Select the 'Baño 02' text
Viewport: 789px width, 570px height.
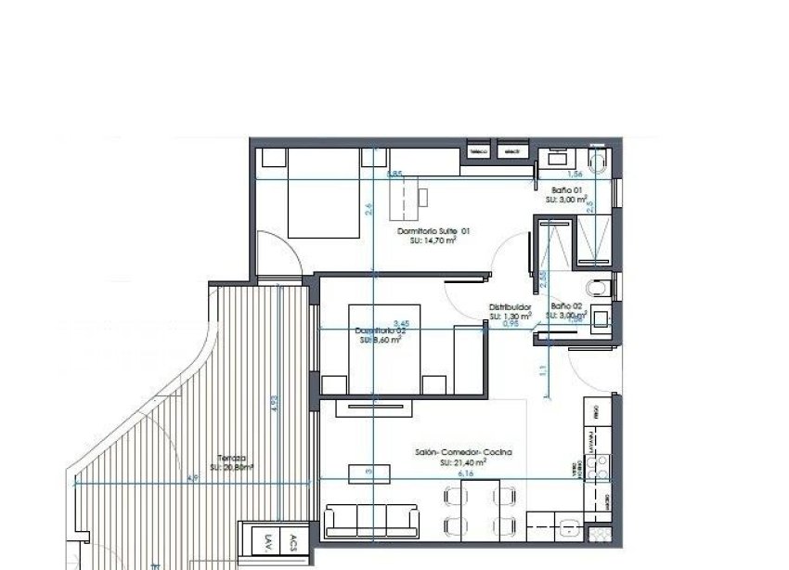click(565, 305)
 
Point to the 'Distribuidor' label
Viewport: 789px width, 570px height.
click(510, 306)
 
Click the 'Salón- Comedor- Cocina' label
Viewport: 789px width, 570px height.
click(464, 452)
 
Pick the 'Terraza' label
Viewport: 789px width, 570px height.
click(232, 458)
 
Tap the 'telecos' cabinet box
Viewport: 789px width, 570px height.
click(479, 150)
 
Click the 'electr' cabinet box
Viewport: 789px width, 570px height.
click(509, 150)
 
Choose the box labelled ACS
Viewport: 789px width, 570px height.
click(294, 542)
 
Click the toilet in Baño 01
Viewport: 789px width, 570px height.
click(599, 165)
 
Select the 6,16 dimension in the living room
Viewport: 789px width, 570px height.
click(465, 473)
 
